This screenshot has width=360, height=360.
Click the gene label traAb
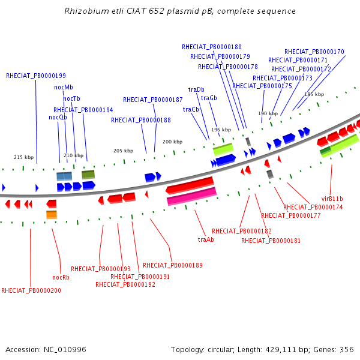[x=206, y=239]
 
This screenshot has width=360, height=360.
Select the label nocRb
[x=61, y=277]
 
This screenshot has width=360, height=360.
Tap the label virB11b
[x=332, y=199]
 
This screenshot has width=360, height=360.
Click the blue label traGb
[x=209, y=98]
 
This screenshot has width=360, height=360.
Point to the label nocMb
[x=64, y=87]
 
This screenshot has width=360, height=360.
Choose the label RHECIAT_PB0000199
[x=36, y=76]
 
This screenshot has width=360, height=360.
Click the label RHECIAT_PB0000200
[x=31, y=290]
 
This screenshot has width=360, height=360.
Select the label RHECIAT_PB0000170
[x=314, y=52]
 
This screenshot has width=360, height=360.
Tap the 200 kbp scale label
[x=172, y=142]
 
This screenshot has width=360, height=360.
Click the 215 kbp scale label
[x=23, y=157]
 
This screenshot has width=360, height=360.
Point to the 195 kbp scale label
[x=221, y=130]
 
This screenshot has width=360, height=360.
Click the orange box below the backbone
[x=52, y=215]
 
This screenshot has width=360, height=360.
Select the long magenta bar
[x=192, y=196]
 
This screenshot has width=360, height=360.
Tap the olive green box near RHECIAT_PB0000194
[x=88, y=175]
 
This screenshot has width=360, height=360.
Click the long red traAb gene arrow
[x=190, y=185]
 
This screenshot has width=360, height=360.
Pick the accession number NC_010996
[x=65, y=350]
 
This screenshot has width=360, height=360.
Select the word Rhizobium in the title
[x=86, y=11]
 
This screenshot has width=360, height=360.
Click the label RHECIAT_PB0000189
[x=173, y=265]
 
